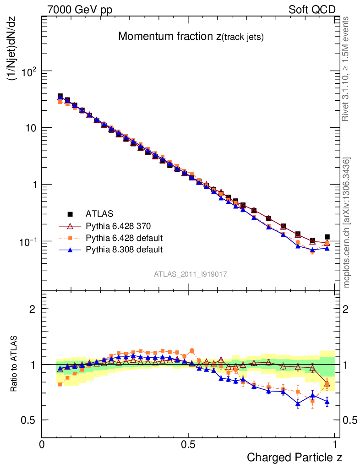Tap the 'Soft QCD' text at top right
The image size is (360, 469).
point(312,10)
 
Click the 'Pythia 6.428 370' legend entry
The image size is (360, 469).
point(118,226)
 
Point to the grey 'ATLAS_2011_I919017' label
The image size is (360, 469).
point(191,274)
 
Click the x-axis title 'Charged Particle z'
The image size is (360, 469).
point(295,457)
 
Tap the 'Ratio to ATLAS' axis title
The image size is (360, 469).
point(14,364)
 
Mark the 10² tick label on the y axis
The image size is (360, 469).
point(27,71)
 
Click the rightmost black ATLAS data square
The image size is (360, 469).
point(327,237)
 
